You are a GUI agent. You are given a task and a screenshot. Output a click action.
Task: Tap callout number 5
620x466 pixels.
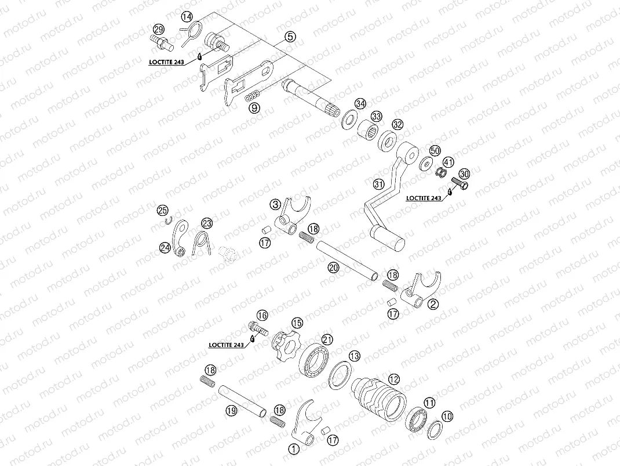click(x=290, y=37)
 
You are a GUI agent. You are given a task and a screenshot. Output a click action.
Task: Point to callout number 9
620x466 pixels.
click(x=254, y=107)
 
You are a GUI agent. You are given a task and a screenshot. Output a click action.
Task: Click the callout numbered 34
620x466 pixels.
click(x=361, y=103)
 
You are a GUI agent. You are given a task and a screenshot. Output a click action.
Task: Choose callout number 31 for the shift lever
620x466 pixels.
click(x=379, y=185)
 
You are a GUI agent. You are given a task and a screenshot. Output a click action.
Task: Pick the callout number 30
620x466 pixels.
click(x=464, y=174)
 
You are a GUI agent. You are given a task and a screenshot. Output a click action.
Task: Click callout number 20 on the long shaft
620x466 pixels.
click(x=333, y=268)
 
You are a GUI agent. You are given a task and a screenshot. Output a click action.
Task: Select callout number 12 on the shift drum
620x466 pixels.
click(x=394, y=380)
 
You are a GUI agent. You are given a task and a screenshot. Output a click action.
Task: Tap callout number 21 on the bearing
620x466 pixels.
click(x=327, y=339)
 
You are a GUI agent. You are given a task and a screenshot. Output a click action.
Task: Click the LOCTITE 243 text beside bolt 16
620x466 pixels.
click(x=227, y=345)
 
